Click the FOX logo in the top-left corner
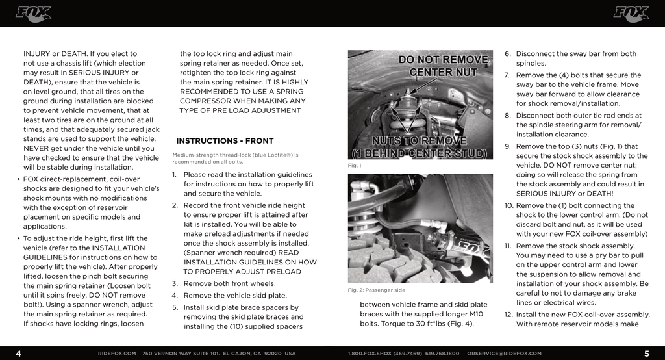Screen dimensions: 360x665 pos(33,14)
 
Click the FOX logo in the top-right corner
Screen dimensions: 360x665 pos(631,14)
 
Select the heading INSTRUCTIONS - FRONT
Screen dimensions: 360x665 pos(225,141)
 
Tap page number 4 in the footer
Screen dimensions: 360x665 pos(18,354)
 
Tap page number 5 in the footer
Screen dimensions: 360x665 pos(646,354)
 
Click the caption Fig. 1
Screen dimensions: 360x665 pos(355,166)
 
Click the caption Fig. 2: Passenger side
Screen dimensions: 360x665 pos(377,290)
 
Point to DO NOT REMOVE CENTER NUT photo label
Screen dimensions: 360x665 pos(443,65)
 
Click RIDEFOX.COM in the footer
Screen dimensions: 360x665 pos(117,354)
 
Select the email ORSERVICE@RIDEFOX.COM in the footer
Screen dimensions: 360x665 pos(504,354)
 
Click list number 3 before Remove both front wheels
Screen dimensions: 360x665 pos(175,283)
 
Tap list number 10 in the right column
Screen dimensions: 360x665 pos(508,206)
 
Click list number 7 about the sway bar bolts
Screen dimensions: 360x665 pos(507,75)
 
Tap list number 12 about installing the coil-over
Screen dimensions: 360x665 pos(508,315)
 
